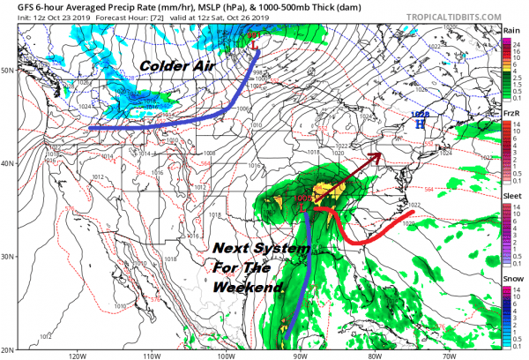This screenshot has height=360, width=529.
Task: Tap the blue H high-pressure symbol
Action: point(420,124)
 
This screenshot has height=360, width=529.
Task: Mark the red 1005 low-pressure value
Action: point(305,198)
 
